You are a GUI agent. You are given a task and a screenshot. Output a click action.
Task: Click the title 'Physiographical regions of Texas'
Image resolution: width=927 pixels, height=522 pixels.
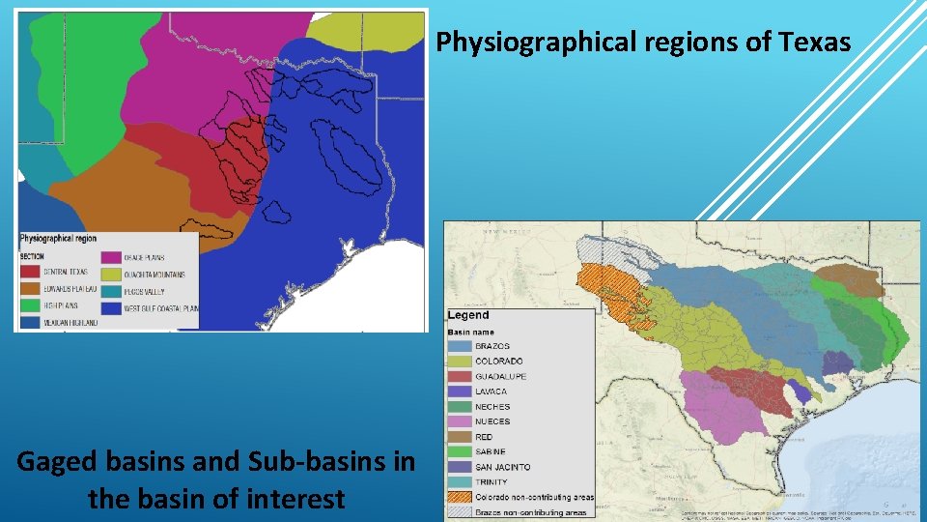tap(643, 43)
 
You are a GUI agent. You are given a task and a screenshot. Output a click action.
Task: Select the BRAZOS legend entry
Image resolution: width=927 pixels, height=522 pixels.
tap(492, 346)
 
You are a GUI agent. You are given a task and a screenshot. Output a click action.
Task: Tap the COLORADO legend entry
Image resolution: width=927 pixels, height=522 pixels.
tap(497, 362)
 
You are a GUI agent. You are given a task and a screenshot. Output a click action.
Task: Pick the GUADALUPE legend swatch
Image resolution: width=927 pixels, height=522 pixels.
tap(460, 377)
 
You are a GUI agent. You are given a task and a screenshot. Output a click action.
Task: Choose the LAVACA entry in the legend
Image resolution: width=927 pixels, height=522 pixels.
tap(491, 391)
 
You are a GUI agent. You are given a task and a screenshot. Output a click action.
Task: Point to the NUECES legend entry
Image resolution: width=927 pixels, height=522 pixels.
tap(492, 421)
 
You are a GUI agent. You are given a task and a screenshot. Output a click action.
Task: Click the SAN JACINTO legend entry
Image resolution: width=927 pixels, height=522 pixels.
tap(501, 467)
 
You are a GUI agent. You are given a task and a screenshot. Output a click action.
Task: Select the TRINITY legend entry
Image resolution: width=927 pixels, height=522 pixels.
tap(491, 481)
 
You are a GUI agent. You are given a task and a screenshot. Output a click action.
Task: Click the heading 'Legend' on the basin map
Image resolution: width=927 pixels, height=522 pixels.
tap(468, 315)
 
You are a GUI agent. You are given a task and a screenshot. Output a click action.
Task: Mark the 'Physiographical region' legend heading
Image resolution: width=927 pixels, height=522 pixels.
tap(59, 238)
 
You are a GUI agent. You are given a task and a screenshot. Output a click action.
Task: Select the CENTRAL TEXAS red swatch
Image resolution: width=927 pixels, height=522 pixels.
tap(30, 273)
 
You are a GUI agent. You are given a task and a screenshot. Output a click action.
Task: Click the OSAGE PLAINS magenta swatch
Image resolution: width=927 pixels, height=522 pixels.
tap(112, 258)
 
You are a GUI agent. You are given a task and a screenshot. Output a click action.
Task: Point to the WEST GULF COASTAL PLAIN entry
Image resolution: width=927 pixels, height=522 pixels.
tap(160, 308)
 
